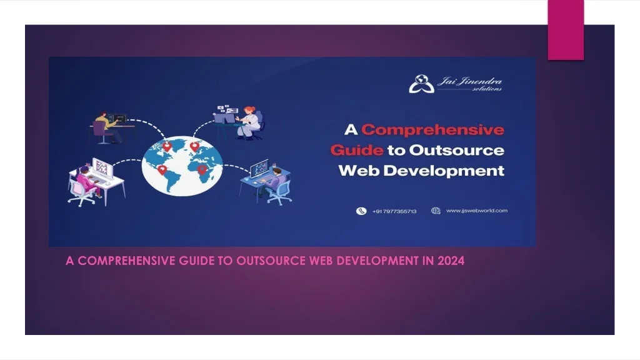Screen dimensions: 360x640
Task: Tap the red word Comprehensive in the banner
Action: coord(432,130)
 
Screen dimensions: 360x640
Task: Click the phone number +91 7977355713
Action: coord(394,211)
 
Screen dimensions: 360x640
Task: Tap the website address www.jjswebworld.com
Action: coord(476,211)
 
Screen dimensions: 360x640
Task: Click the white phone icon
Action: coord(361,211)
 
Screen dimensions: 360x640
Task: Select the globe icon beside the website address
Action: coord(436,211)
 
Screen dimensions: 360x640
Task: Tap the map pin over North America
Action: coord(167,147)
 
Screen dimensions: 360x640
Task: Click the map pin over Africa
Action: coord(201,169)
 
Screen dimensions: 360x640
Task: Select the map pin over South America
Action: coord(162,169)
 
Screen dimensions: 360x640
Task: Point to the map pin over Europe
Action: coord(194,146)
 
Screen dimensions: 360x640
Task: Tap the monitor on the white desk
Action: coord(101,167)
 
